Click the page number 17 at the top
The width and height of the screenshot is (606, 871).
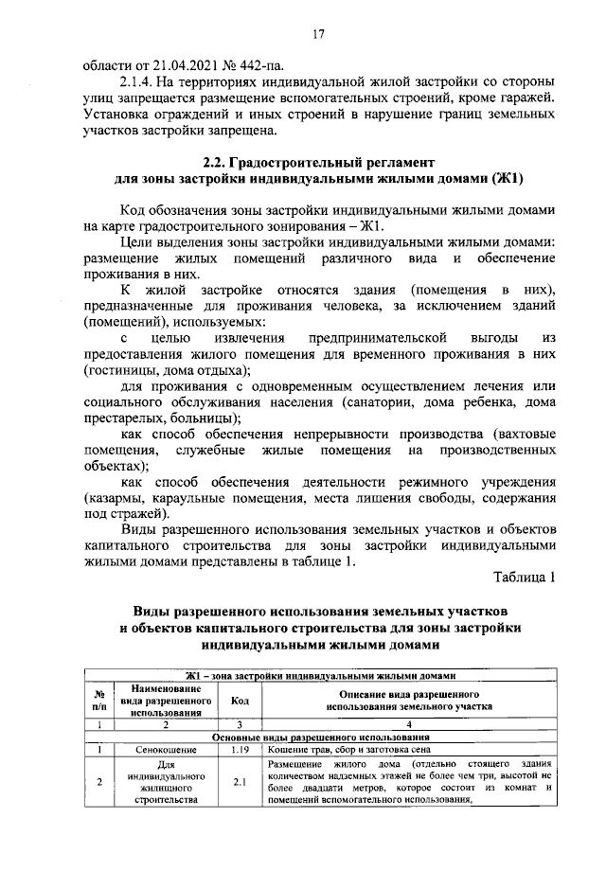click(319, 35)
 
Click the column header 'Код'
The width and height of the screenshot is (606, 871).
click(240, 701)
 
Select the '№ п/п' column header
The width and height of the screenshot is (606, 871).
click(98, 701)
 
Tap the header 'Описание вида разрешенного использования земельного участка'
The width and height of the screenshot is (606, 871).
click(408, 701)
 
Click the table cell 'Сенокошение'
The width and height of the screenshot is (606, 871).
click(166, 749)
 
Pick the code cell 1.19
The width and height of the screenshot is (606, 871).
click(240, 749)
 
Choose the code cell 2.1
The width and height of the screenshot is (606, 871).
click(240, 781)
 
